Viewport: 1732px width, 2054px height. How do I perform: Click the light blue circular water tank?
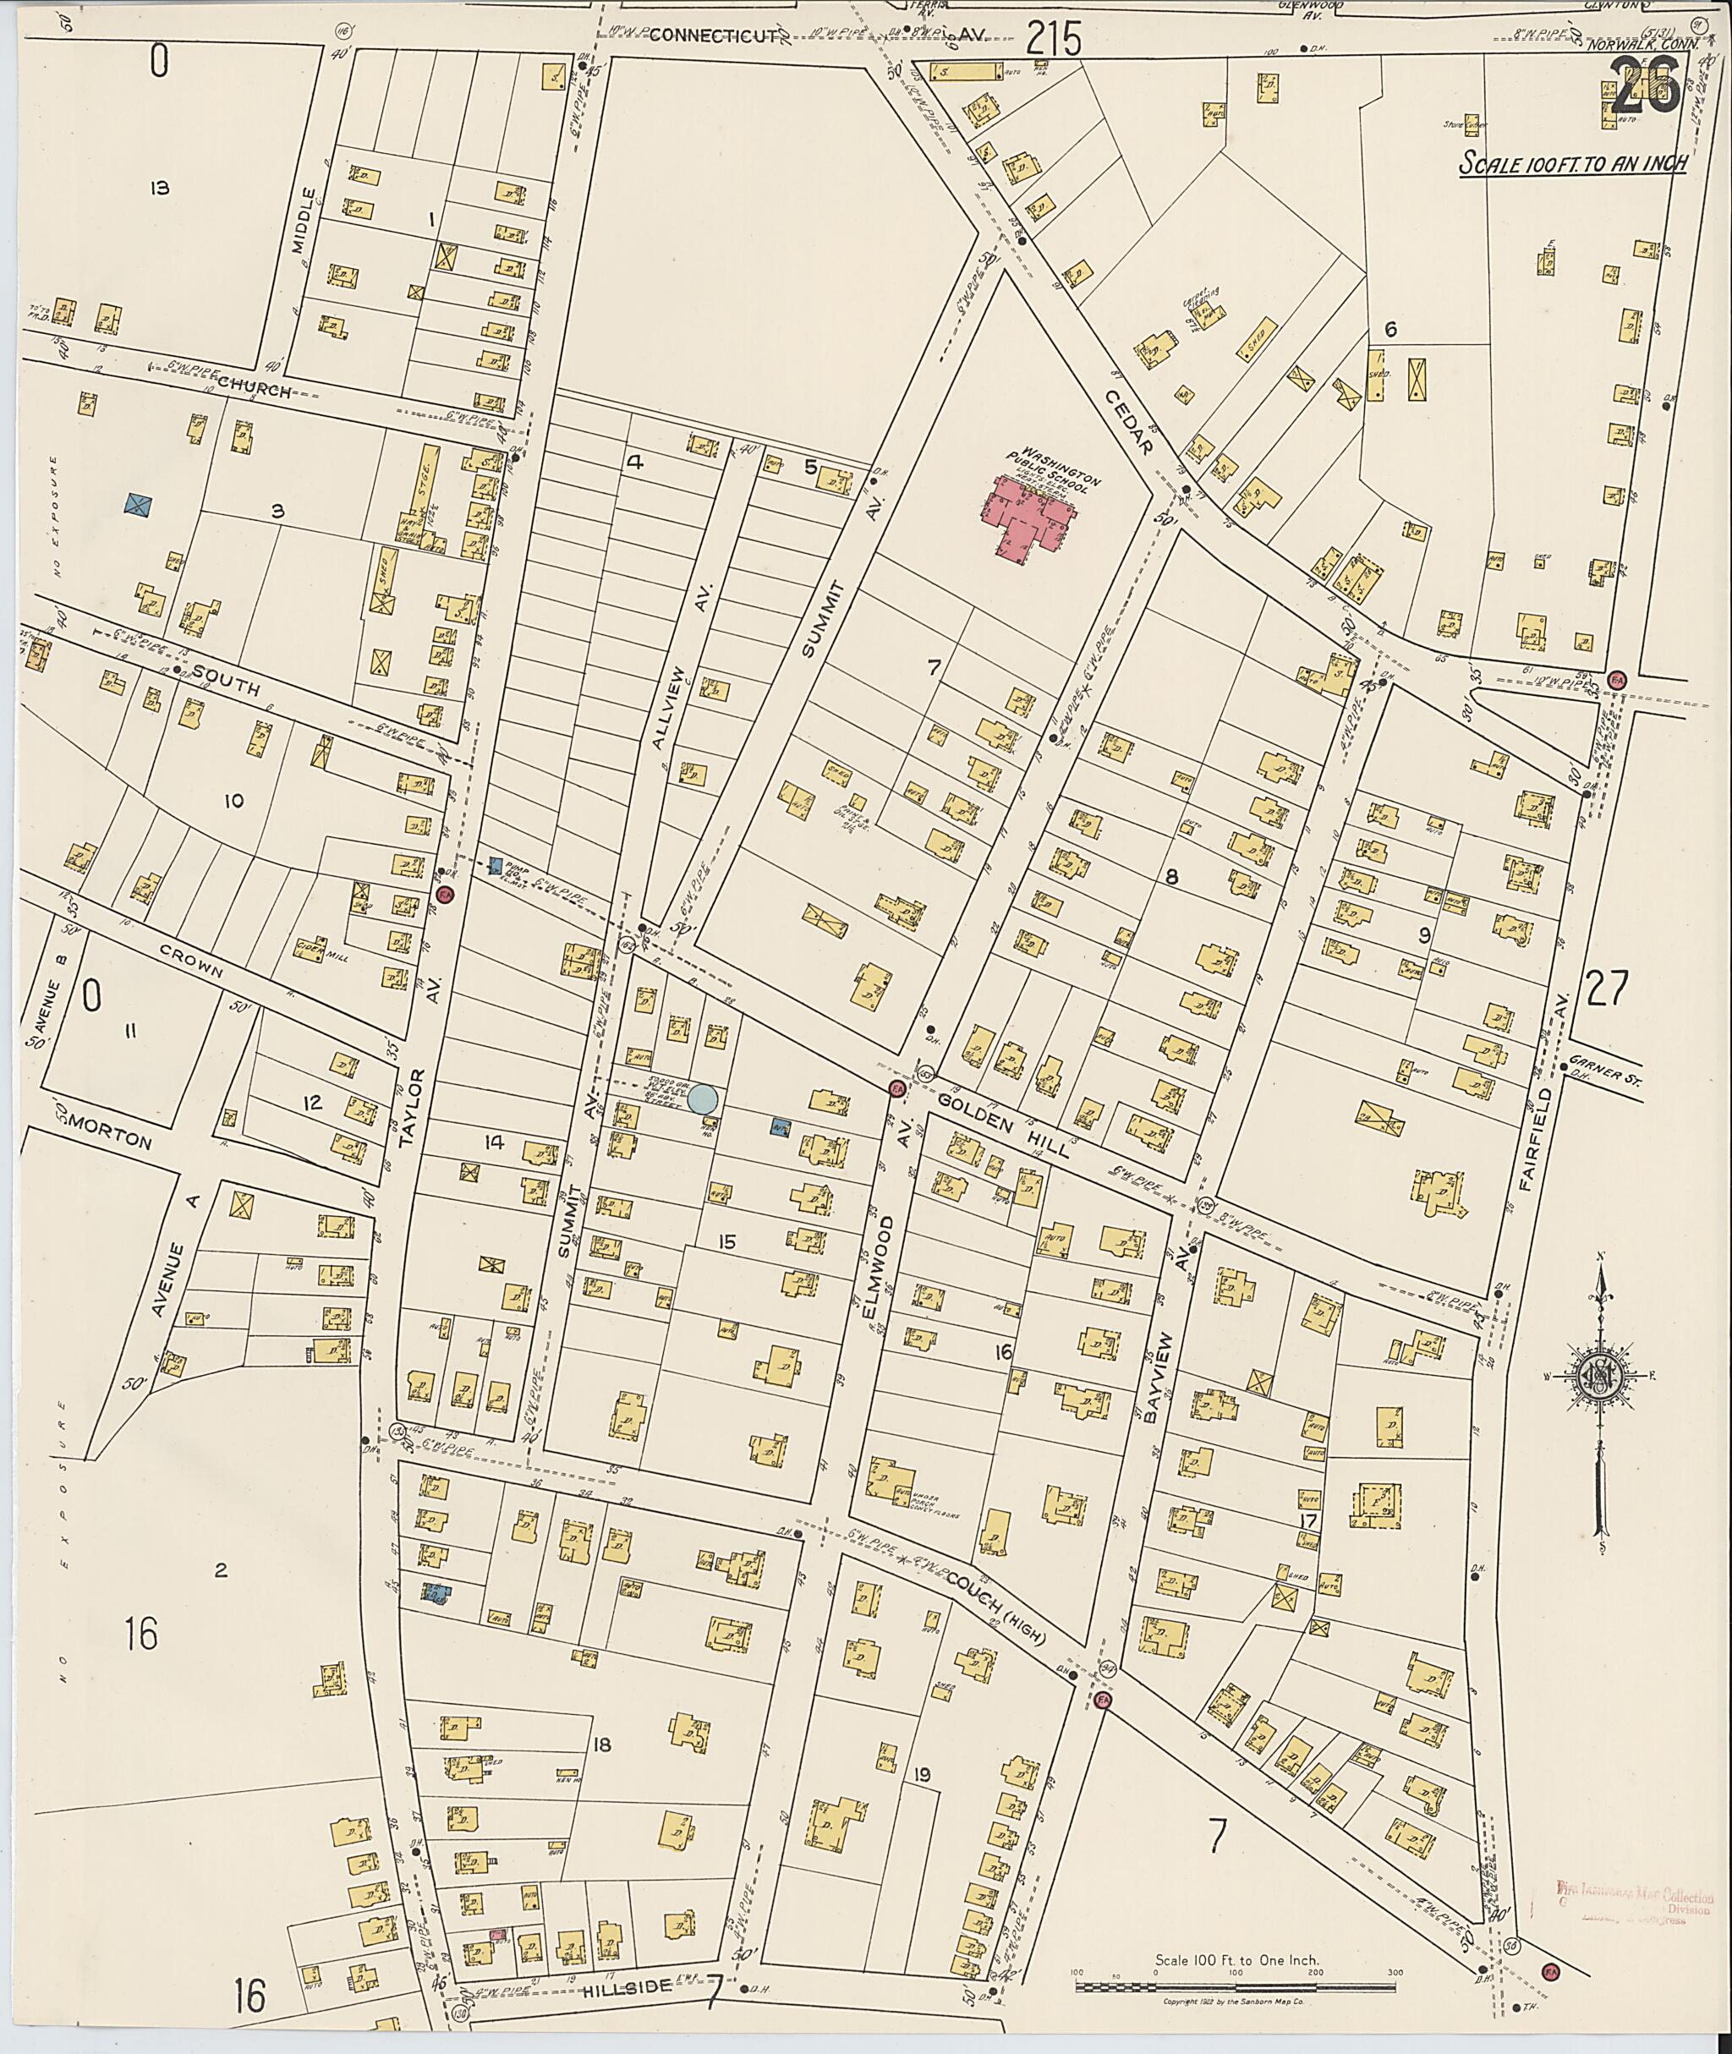(702, 1098)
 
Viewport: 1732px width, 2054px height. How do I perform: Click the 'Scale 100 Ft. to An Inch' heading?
(1571, 163)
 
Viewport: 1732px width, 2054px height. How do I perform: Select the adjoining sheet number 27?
(1605, 989)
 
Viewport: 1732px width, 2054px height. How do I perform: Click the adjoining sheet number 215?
(1055, 41)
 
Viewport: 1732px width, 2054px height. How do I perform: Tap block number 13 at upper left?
(160, 188)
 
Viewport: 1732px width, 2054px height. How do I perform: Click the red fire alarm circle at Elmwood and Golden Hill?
(896, 1087)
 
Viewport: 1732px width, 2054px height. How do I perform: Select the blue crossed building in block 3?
(139, 505)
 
